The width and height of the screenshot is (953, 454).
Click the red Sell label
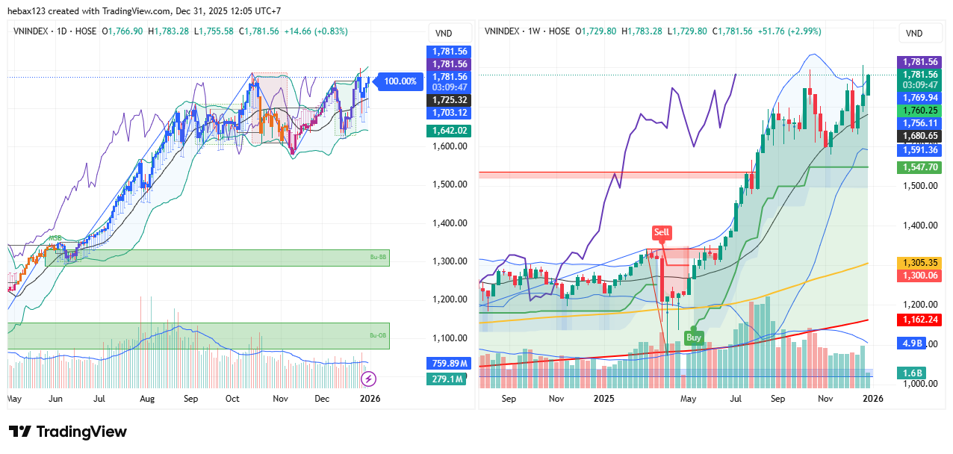coord(662,232)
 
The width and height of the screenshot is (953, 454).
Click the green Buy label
coord(694,338)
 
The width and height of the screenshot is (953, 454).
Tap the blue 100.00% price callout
coord(399,81)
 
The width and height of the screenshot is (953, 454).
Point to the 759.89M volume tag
coord(450,364)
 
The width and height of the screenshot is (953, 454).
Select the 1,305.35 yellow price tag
coord(919,263)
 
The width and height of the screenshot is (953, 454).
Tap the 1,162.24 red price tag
coord(919,319)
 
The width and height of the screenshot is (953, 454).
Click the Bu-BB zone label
coord(378,258)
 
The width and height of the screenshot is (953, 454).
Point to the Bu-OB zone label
coord(378,335)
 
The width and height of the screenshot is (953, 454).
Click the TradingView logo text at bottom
coord(68,432)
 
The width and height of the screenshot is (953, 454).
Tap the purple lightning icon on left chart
coord(367,379)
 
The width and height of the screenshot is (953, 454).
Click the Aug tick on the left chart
coord(146,399)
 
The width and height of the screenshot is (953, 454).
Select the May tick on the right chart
coord(688,399)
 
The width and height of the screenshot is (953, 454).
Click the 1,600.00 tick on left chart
coord(450,146)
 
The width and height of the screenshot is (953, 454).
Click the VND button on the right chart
coord(913,34)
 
